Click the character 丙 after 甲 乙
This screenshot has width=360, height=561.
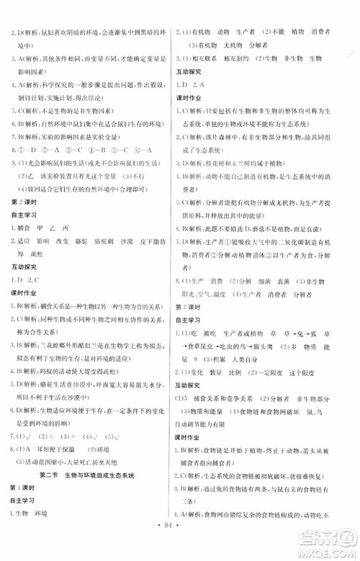tap(71, 228)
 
